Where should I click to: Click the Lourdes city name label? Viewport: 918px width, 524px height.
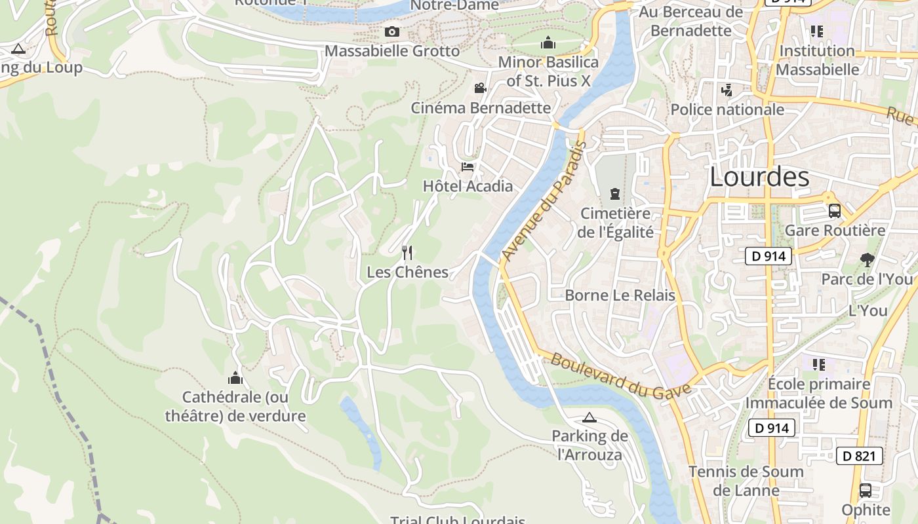click(x=759, y=178)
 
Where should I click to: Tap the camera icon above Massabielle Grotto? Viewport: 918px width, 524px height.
click(x=391, y=31)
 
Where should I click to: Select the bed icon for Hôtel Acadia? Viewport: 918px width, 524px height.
click(x=468, y=167)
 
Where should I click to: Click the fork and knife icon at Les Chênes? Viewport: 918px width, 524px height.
click(x=407, y=252)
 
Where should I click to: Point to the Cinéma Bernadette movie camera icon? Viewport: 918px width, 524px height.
click(x=481, y=88)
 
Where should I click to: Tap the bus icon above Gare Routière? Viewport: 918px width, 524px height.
click(x=835, y=211)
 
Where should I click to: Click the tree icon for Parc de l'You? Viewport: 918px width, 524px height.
click(x=867, y=260)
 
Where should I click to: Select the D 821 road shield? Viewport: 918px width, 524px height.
click(x=859, y=456)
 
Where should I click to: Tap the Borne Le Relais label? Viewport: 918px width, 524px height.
click(x=620, y=295)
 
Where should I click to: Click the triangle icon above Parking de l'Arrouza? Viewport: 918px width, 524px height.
click(x=589, y=417)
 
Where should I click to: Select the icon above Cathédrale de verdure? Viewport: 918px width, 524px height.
click(x=235, y=378)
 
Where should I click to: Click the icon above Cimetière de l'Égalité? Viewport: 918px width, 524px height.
click(x=615, y=194)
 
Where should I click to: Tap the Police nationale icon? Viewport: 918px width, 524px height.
click(x=727, y=90)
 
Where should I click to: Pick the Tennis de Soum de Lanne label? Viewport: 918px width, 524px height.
click(x=746, y=481)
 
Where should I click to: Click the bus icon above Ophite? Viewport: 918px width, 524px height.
click(x=866, y=491)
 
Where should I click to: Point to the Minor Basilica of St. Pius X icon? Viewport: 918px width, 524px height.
click(x=548, y=43)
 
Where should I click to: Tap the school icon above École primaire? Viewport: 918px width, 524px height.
click(x=818, y=364)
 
